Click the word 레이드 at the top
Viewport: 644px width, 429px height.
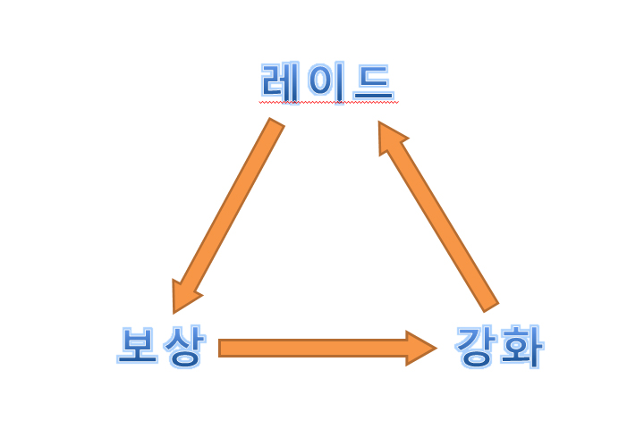326,81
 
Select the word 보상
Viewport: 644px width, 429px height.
161,346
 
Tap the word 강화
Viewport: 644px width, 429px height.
498,346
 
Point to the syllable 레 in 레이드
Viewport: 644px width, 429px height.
280,81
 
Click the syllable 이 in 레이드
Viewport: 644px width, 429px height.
326,81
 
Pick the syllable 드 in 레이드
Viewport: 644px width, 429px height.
373,81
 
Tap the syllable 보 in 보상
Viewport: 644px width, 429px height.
138,346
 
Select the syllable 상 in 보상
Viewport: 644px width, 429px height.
184,346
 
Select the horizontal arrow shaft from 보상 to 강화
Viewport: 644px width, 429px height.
313,348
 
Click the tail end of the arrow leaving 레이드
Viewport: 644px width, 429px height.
275,125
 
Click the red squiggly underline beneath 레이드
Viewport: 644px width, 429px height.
326,103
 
